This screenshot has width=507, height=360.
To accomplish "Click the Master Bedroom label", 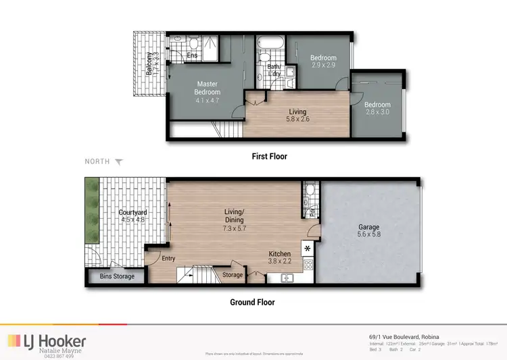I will pyautogui.click(x=208, y=88).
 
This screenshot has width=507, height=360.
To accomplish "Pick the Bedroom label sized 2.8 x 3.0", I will pyautogui.click(x=377, y=105).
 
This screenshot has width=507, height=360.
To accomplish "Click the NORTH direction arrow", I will pyautogui.click(x=120, y=162).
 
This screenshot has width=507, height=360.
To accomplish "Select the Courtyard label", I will pyautogui.click(x=133, y=213).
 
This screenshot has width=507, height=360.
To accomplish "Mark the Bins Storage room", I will pyautogui.click(x=117, y=276).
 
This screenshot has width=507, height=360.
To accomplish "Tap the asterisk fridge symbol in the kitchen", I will pyautogui.click(x=308, y=249).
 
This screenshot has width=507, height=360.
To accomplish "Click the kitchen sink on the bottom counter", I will pyautogui.click(x=285, y=277).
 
